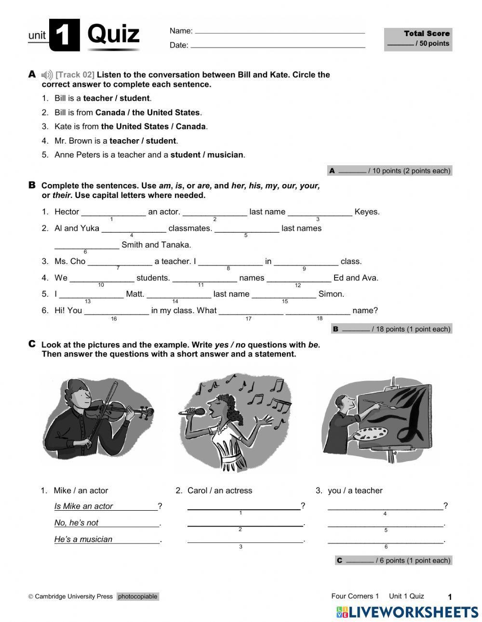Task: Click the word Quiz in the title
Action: tap(114, 34)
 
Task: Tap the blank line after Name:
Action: tap(280, 32)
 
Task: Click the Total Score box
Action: tap(418, 39)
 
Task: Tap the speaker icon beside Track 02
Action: tap(47, 75)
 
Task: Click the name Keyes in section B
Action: tap(366, 212)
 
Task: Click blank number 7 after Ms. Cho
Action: tap(120, 262)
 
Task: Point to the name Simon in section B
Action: tap(331, 294)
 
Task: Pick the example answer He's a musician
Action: tap(83, 540)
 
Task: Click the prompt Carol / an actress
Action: tap(219, 490)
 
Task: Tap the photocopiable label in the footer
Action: tap(137, 596)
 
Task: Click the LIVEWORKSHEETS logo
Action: tap(407, 612)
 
